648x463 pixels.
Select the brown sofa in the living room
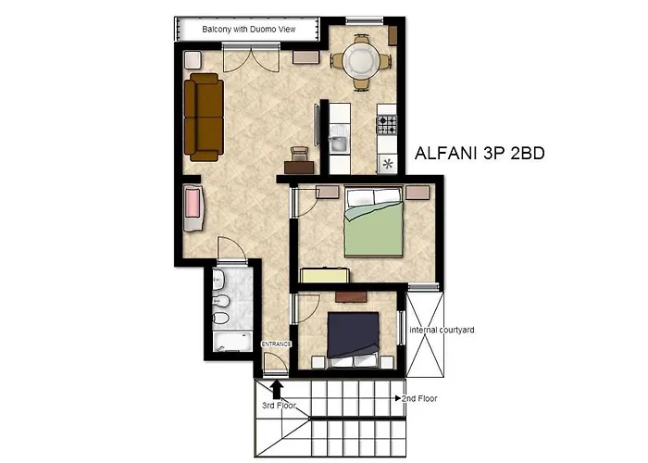pyautogui.click(x=203, y=118)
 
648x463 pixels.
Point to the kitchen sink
pyautogui.click(x=340, y=144)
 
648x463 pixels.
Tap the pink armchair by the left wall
pyautogui.click(x=193, y=208)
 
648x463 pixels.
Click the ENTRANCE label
pyautogui.click(x=276, y=344)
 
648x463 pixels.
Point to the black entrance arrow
pyautogui.click(x=279, y=387)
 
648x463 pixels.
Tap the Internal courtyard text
pyautogui.click(x=442, y=329)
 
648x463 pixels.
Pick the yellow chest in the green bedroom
pyautogui.click(x=324, y=275)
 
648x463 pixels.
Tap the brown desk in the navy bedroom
pyautogui.click(x=352, y=296)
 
